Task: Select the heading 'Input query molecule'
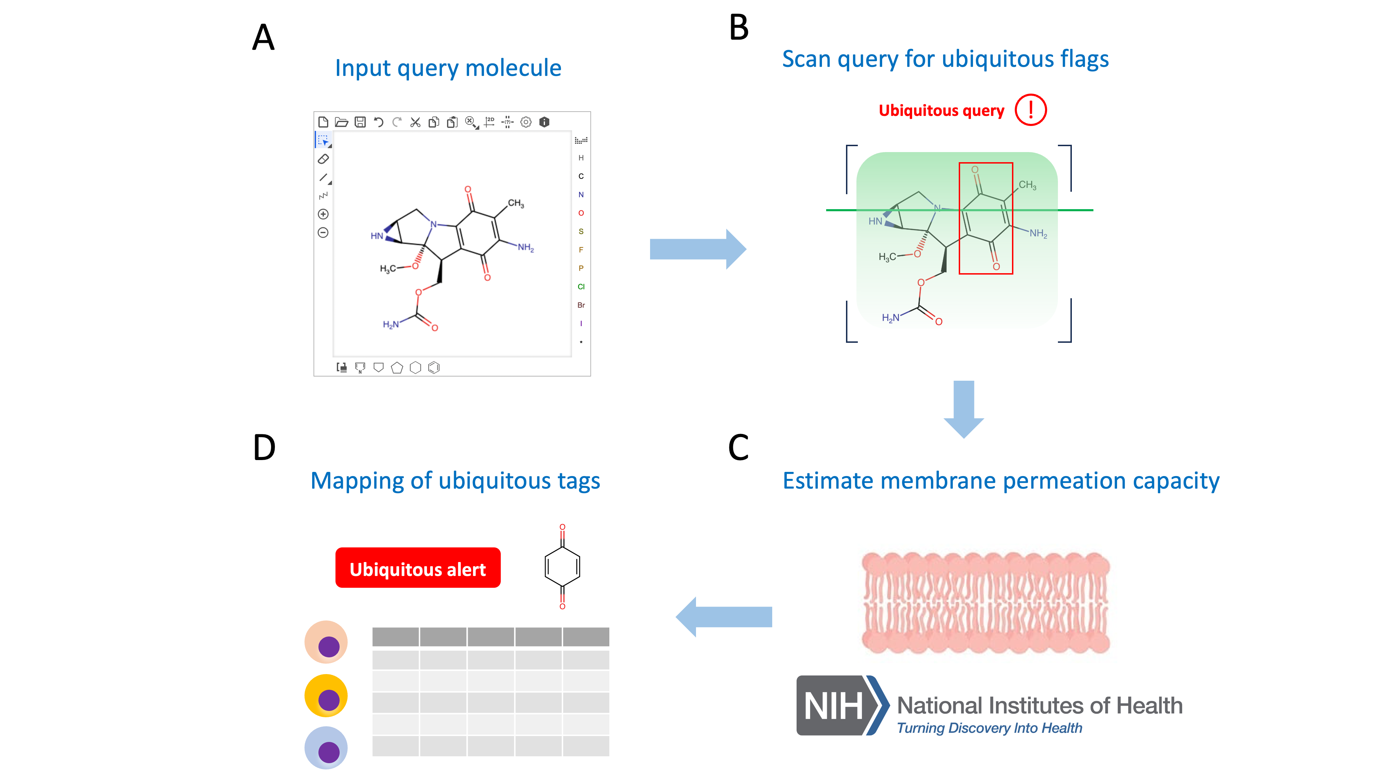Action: tap(448, 68)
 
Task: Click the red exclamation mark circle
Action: tap(1030, 110)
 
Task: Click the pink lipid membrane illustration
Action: tap(985, 602)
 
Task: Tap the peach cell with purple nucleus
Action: tap(326, 642)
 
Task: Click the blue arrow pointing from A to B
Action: tap(697, 249)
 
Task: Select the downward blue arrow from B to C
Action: tap(964, 408)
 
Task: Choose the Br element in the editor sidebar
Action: tap(581, 305)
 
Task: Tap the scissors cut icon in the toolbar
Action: tap(415, 122)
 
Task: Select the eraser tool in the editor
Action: tap(323, 159)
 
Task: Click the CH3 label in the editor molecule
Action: tap(515, 204)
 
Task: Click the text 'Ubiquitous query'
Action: tap(941, 111)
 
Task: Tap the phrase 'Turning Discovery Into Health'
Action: tap(989, 728)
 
